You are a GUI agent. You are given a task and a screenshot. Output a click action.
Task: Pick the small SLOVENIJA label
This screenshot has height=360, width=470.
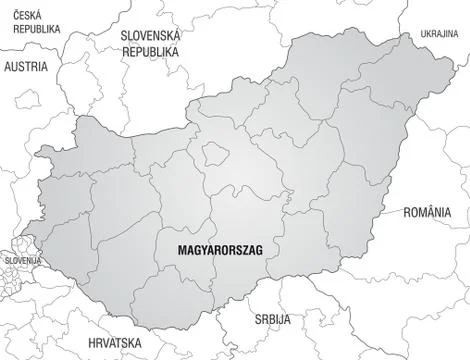(x=21, y=262)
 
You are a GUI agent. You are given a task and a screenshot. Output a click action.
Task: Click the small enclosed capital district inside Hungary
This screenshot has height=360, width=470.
(x=214, y=152)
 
